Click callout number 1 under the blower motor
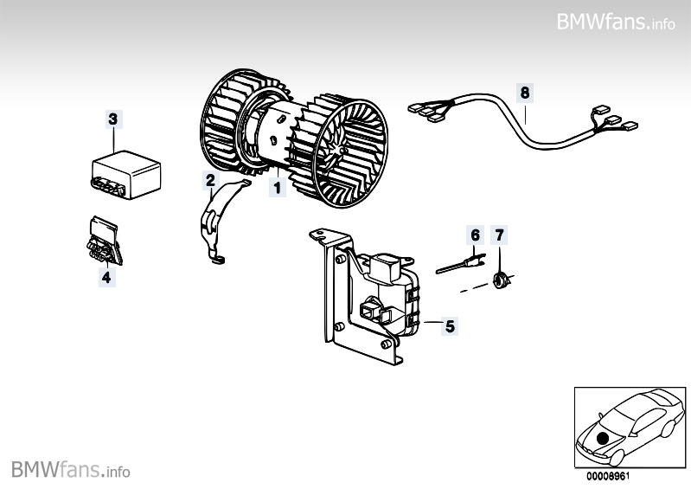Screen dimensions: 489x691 coord(277,186)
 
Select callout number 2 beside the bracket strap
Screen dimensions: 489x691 coord(210,180)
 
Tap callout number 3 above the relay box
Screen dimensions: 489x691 coord(114,119)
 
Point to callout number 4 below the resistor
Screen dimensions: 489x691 coord(106,277)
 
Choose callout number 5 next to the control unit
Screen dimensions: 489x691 coord(448,326)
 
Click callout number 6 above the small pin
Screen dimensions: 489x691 coord(474,235)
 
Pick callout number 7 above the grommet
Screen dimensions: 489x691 coord(498,235)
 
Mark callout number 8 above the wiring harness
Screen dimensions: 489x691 coord(525,91)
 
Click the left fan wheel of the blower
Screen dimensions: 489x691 coord(227,125)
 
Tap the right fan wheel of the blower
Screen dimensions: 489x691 coord(346,147)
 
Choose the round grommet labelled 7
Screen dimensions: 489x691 coord(499,279)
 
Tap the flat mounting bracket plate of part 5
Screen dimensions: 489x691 coord(333,294)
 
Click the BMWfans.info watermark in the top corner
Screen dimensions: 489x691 coord(616,22)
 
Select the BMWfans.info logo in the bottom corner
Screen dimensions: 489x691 coord(71,470)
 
